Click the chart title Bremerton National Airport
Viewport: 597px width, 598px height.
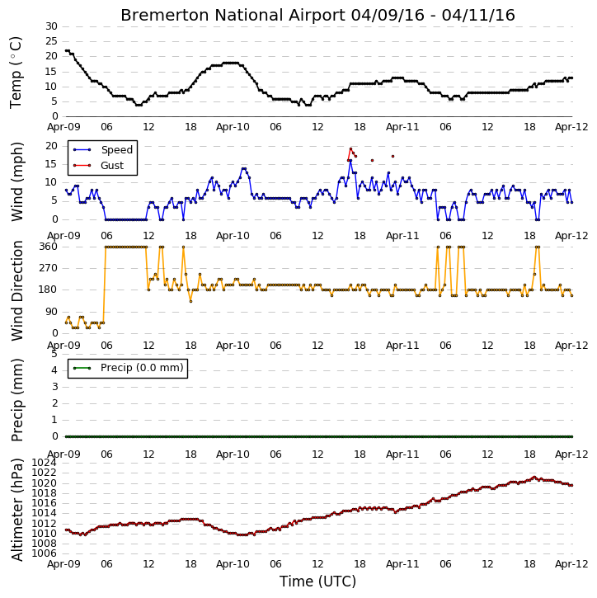click(233, 15)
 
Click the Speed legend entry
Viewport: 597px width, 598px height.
click(103, 150)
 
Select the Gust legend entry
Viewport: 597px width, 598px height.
click(98, 165)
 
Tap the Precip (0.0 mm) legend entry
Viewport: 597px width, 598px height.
click(129, 368)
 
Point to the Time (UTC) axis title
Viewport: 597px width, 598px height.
click(317, 582)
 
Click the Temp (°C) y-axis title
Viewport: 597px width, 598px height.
click(16, 73)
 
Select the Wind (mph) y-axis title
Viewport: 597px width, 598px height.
click(16, 181)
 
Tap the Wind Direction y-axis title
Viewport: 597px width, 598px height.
click(16, 290)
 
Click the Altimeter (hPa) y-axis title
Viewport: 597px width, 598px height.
click(16, 510)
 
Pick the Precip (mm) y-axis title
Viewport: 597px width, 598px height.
click(16, 400)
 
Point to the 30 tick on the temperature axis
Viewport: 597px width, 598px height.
click(51, 26)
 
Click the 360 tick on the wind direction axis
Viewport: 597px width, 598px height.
click(49, 247)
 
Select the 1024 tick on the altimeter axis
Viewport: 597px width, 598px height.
click(44, 463)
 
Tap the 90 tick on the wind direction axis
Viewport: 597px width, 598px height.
click(51, 312)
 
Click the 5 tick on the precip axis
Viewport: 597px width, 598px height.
click(54, 354)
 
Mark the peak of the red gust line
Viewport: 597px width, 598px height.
click(350, 148)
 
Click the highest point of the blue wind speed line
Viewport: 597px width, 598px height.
click(350, 161)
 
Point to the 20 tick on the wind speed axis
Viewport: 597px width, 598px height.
click(51, 146)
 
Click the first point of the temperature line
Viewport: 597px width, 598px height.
click(66, 50)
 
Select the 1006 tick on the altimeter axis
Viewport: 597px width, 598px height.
click(44, 553)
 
